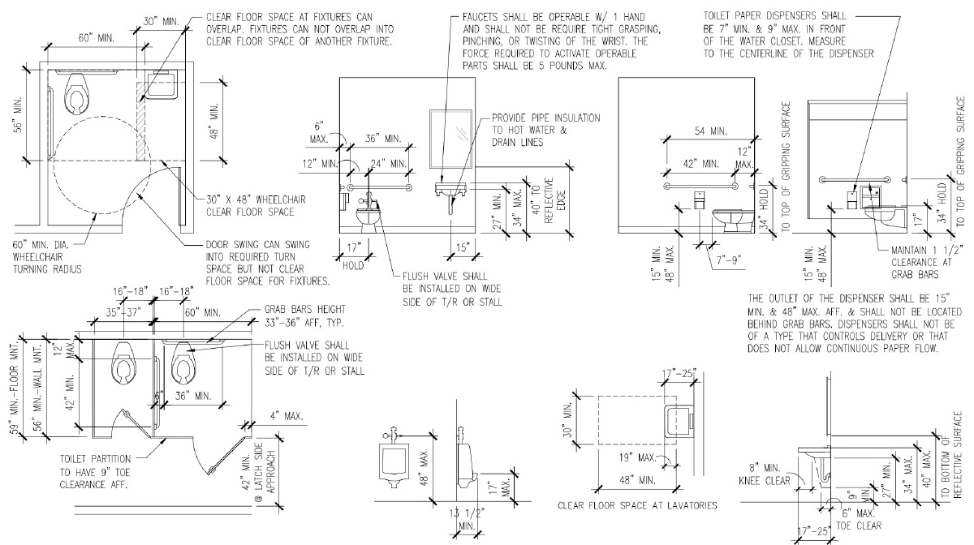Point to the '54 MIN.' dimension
pyautogui.click(x=706, y=131)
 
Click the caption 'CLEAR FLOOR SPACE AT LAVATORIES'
pyautogui.click(x=637, y=506)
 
